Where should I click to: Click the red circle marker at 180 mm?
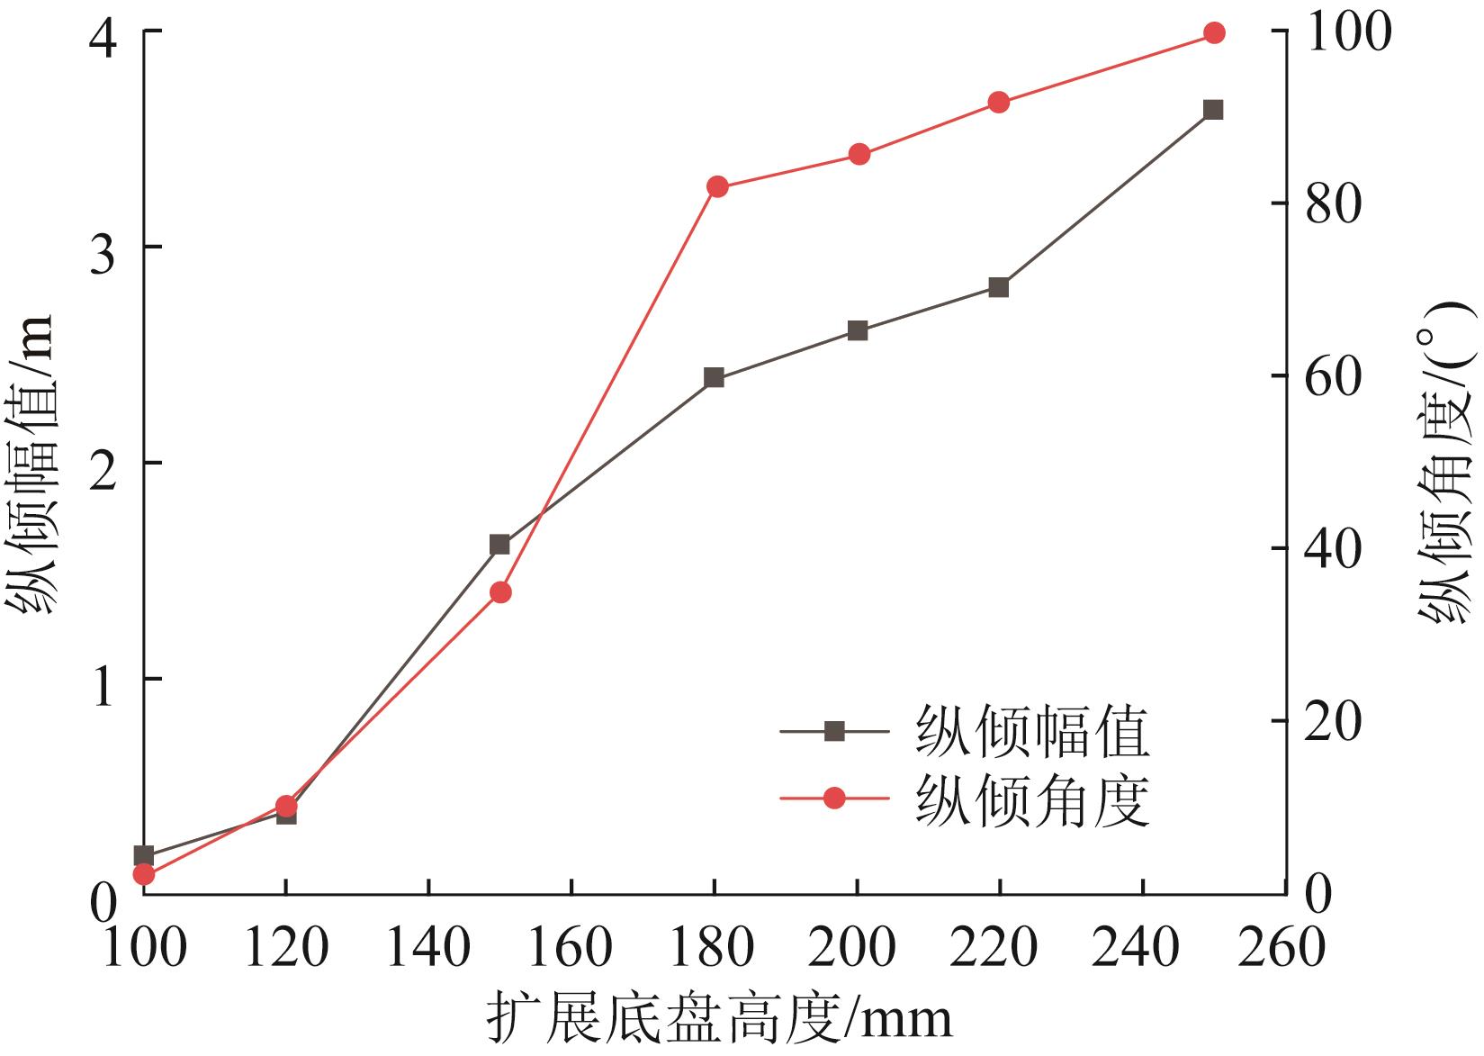pos(717,187)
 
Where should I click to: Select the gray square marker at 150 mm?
pos(499,545)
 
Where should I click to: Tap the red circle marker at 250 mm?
pos(1214,33)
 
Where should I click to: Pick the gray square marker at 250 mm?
pos(1213,110)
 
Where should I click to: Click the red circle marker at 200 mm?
pos(859,154)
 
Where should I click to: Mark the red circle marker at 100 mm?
pos(144,874)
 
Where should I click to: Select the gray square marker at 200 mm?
pos(858,330)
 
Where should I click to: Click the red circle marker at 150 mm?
pos(500,592)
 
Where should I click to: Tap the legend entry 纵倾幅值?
pos(1031,732)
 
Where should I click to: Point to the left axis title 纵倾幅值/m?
pos(33,465)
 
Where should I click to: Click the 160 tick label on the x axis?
pos(571,948)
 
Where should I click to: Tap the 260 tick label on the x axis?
pos(1282,948)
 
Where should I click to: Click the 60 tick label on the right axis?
pos(1321,375)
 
